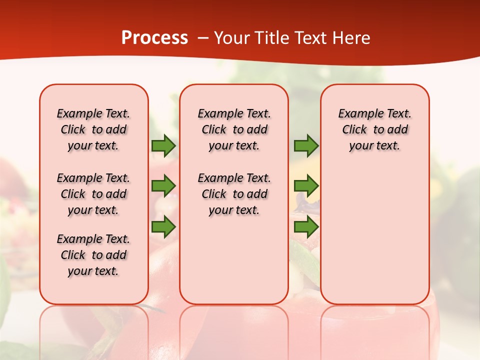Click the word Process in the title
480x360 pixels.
click(154, 38)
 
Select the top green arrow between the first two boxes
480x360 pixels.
click(163, 146)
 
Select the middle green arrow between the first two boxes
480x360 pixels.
click(163, 186)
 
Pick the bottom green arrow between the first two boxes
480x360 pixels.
click(163, 227)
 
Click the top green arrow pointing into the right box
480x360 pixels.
click(306, 146)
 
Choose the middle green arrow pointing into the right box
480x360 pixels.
click(306, 186)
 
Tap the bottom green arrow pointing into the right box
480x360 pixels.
click(306, 227)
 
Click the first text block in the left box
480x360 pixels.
click(93, 129)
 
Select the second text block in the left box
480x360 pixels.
click(93, 194)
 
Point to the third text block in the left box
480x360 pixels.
click(93, 255)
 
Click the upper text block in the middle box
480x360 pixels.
click(234, 129)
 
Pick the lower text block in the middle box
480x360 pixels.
click(234, 194)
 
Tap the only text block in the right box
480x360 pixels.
click(374, 129)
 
